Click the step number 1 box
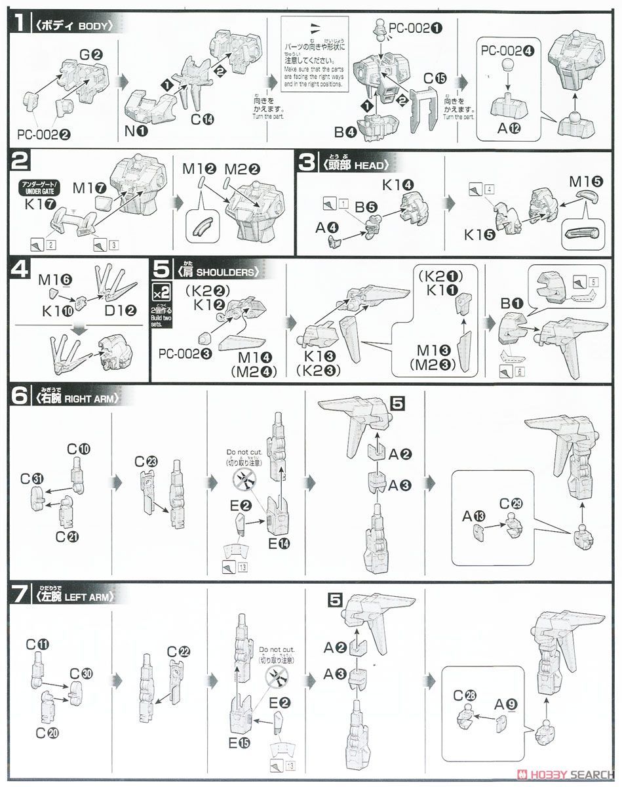(x=20, y=24)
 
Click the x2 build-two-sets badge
(x=161, y=291)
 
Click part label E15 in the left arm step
(x=240, y=742)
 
